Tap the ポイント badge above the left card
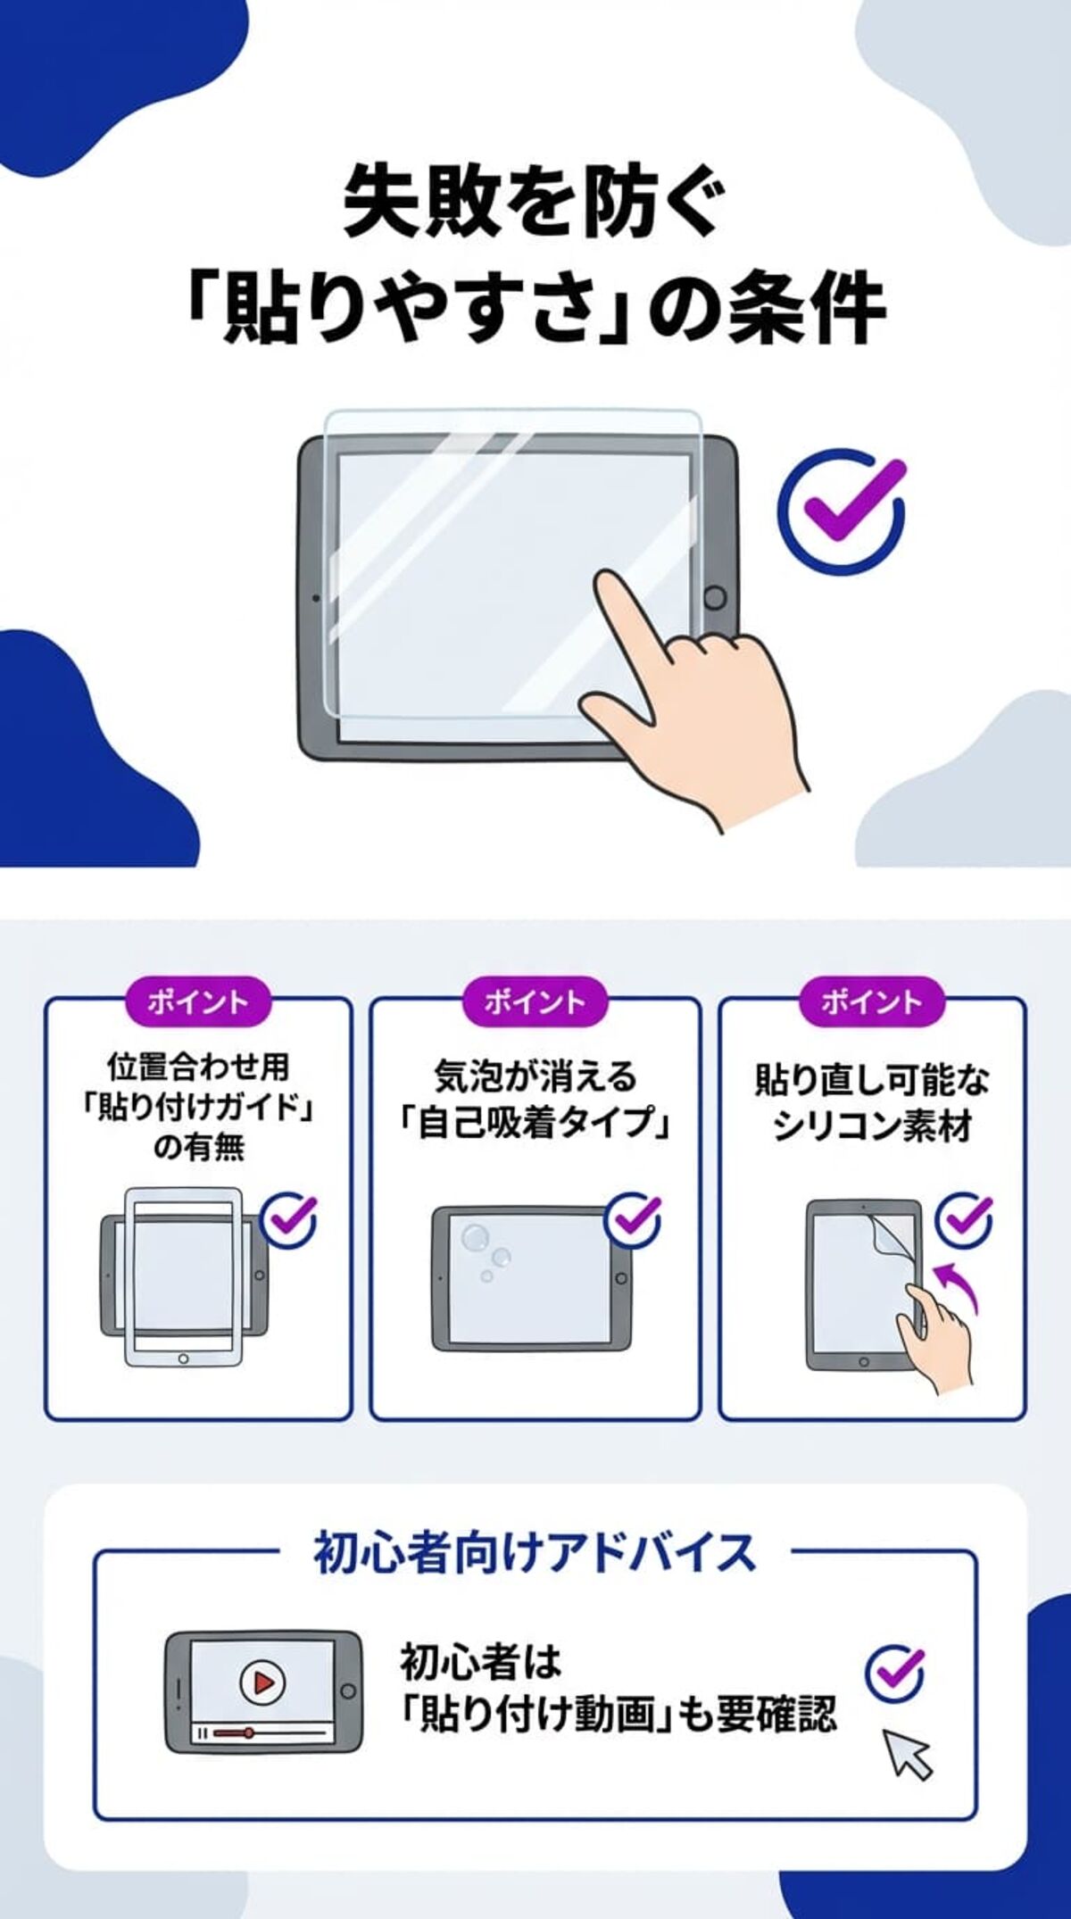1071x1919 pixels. tap(197, 1001)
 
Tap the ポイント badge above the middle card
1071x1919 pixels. tap(534, 1001)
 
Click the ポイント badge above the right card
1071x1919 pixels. tap(871, 1001)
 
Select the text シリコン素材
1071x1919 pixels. tap(872, 1127)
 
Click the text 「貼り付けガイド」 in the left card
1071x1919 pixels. tap(198, 1108)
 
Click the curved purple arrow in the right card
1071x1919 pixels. tap(959, 1286)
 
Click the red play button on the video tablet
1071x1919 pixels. tap(262, 1682)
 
